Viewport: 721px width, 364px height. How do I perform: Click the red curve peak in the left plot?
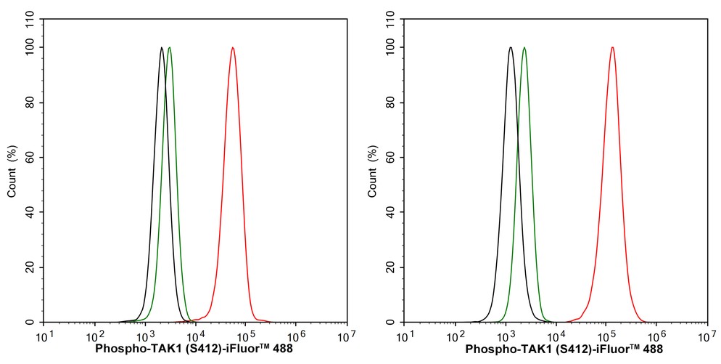pos(232,48)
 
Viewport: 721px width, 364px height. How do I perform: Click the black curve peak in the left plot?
pos(161,48)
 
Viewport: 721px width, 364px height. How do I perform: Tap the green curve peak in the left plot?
pos(170,48)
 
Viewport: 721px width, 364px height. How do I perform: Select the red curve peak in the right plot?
pos(613,48)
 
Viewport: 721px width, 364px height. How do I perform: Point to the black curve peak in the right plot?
pos(511,48)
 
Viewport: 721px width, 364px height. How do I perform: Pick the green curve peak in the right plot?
pos(524,48)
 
